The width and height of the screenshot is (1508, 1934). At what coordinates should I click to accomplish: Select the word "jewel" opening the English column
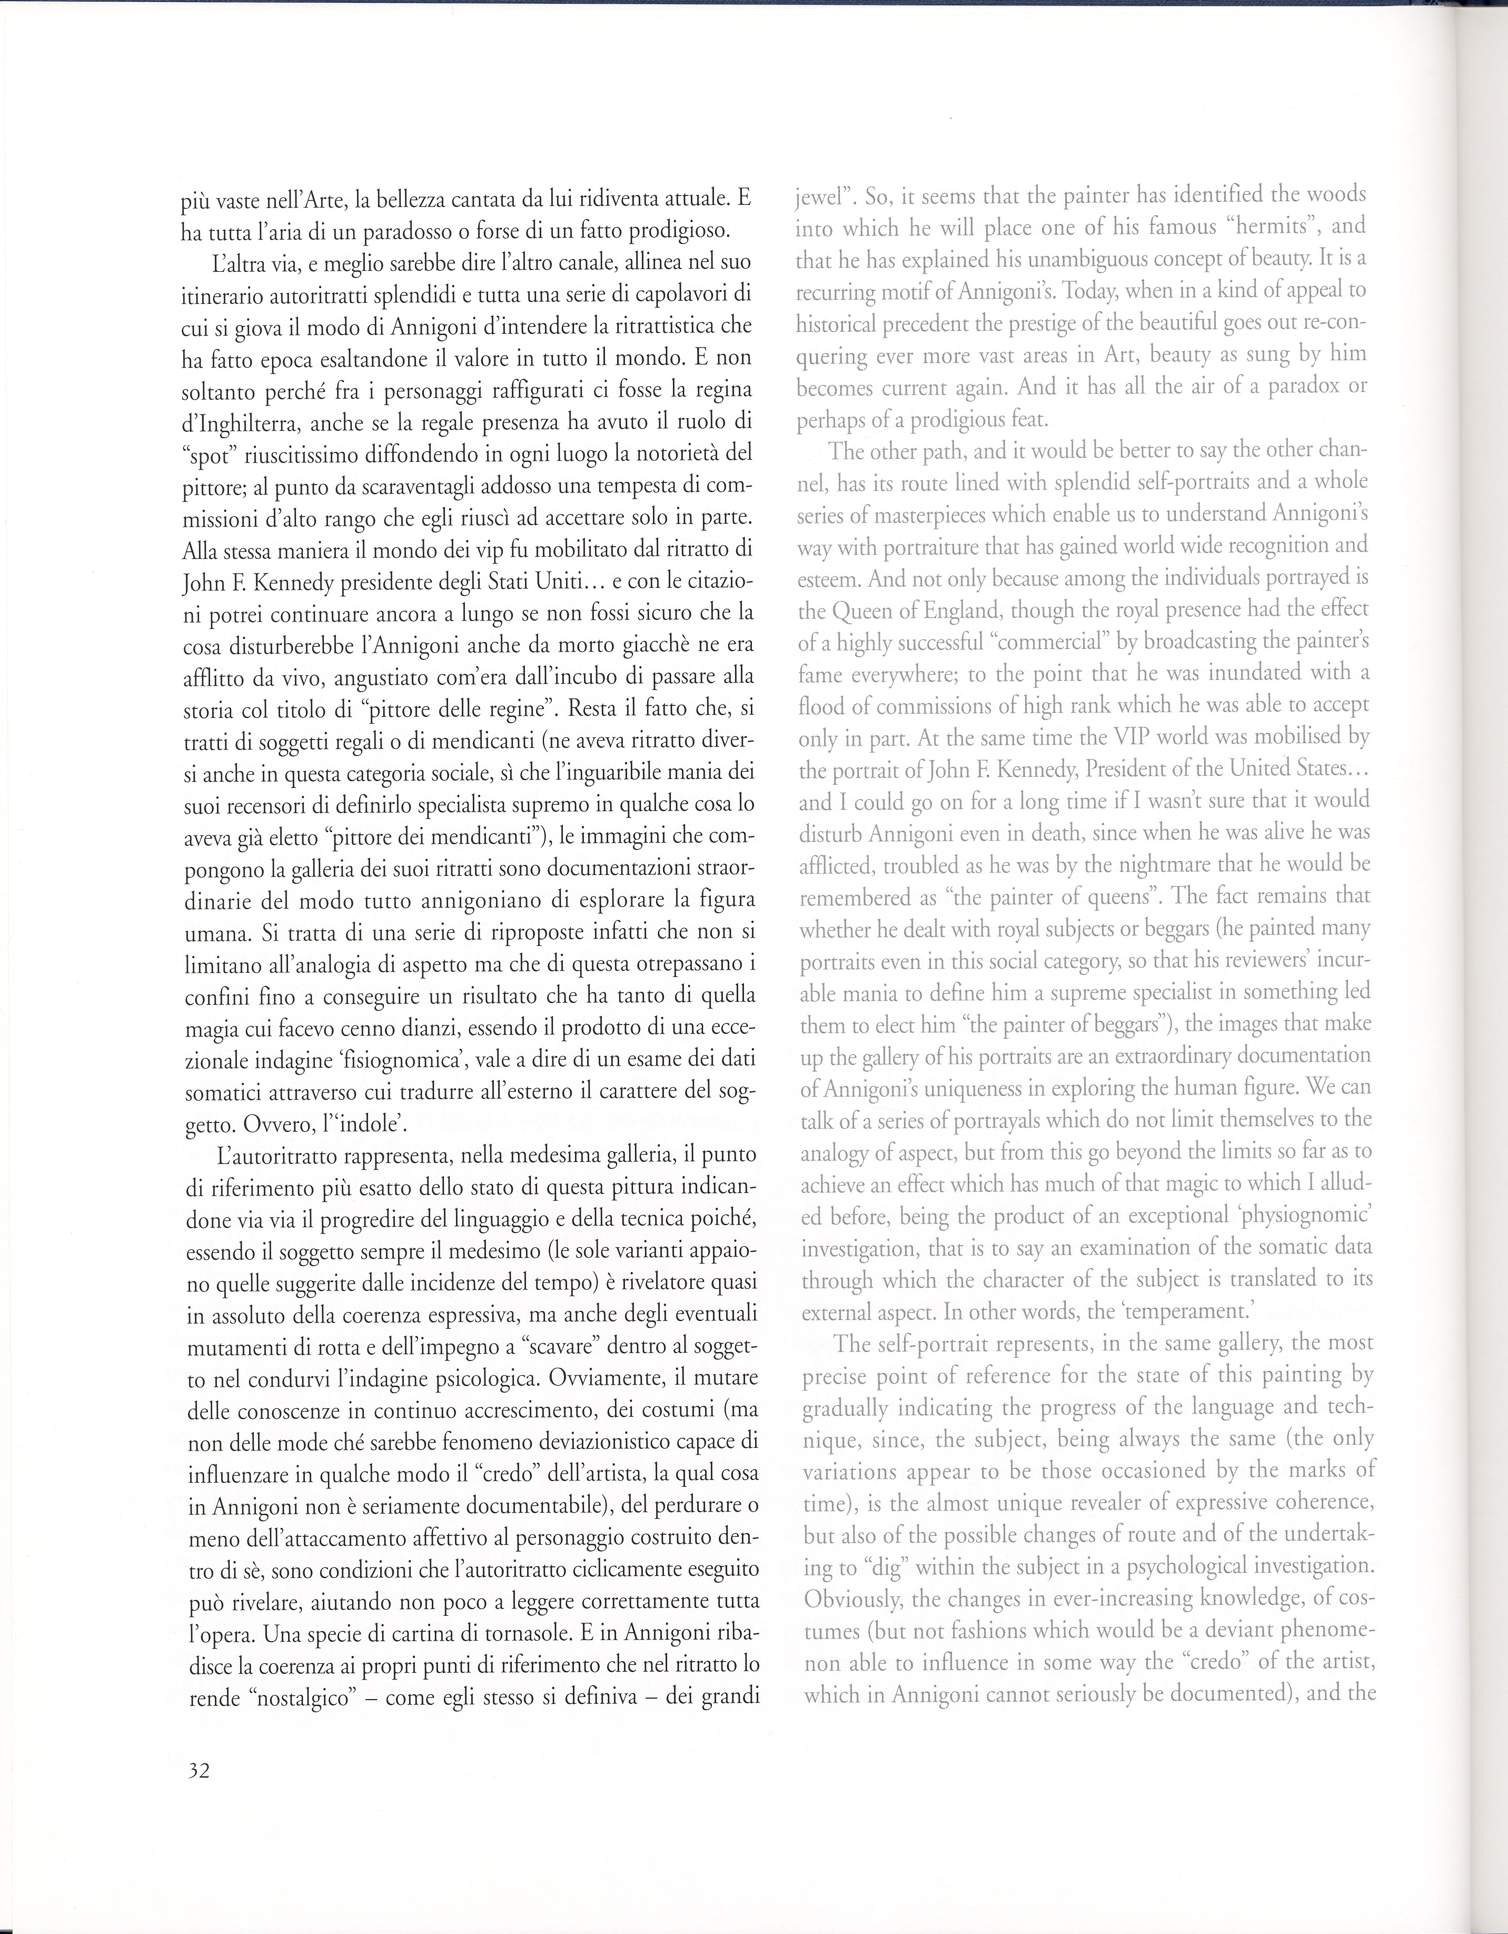coord(819,194)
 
